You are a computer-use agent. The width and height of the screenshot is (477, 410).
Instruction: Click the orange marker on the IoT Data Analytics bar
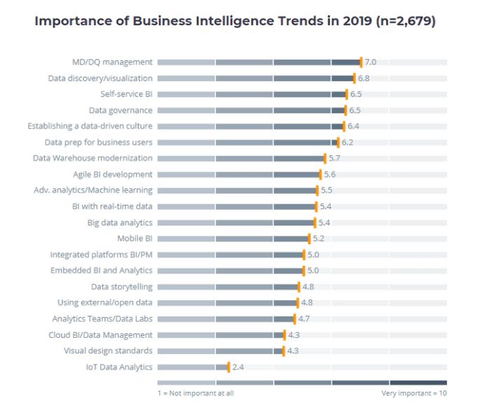(x=228, y=367)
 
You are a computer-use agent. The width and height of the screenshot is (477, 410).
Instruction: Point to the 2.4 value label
(x=238, y=367)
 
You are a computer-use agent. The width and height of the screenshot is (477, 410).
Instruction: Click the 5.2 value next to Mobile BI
(x=319, y=239)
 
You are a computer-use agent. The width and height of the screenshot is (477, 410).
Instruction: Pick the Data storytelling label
(x=121, y=287)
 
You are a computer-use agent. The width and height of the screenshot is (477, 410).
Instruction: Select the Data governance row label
(x=120, y=111)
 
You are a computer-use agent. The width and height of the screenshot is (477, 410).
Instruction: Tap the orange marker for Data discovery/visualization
(x=354, y=78)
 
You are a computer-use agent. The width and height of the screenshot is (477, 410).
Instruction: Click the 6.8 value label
(x=364, y=78)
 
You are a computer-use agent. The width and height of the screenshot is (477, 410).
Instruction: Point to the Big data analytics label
(x=119, y=222)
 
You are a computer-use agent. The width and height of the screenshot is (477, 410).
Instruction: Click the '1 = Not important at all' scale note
(x=195, y=393)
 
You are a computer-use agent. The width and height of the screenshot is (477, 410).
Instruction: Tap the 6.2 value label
(x=347, y=142)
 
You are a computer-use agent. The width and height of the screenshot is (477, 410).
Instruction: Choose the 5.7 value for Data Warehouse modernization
(x=334, y=158)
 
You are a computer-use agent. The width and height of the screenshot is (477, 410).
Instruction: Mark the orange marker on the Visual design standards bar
(x=284, y=351)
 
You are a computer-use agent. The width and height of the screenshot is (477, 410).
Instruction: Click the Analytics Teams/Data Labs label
(x=102, y=318)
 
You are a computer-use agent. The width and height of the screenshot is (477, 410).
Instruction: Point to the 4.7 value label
(x=304, y=318)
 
